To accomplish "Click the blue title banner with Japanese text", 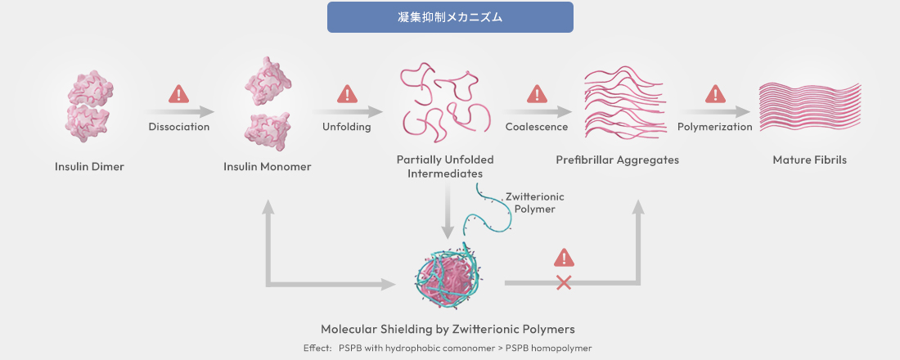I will (450, 17).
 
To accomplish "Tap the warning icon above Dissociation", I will (178, 94).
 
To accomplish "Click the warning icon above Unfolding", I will (348, 94).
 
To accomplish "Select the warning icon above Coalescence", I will (537, 94).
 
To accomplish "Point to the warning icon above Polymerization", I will (715, 94).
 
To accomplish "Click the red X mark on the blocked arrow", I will (563, 283).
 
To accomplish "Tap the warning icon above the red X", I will (563, 258).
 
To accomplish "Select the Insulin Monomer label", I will (268, 167).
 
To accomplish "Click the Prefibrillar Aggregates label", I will (618, 160).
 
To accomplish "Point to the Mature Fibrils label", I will (809, 160).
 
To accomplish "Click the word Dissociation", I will (179, 127).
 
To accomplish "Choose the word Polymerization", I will (715, 127).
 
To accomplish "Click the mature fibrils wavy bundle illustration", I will (809, 110).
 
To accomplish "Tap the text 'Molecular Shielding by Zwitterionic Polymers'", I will (448, 329).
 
